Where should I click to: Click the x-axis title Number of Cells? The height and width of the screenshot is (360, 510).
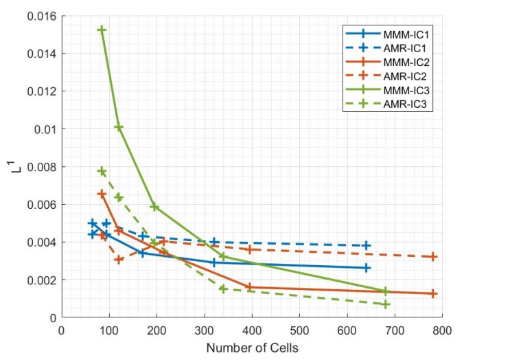tap(252, 348)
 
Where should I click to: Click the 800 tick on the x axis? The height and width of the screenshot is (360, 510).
tap(441, 330)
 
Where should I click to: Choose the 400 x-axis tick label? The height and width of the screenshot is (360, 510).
tap(251, 330)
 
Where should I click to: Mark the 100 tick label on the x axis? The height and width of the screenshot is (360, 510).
tap(109, 330)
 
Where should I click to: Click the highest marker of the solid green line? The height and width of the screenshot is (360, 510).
tap(102, 30)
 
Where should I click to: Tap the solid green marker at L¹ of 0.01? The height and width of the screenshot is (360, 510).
tap(119, 127)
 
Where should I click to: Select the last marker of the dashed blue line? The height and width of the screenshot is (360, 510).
tap(367, 245)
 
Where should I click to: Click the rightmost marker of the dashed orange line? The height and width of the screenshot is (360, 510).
tap(433, 257)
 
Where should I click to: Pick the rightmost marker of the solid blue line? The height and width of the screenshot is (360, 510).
tap(367, 268)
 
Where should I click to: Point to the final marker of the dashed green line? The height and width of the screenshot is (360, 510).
tap(386, 304)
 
